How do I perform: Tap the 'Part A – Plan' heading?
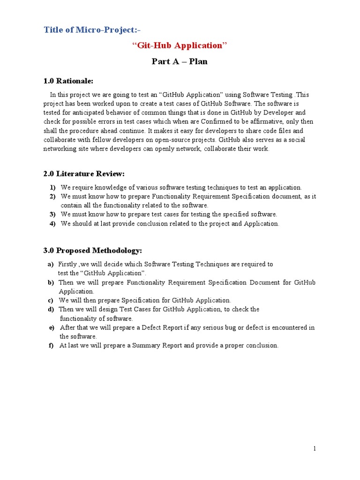click(x=180, y=61)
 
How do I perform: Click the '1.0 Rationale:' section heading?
click(x=68, y=81)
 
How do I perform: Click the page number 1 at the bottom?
click(x=315, y=449)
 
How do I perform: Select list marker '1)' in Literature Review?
click(x=53, y=187)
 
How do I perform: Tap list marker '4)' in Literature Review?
click(x=53, y=224)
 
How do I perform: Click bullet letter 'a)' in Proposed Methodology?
click(x=51, y=264)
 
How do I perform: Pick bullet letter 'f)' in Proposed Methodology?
click(x=51, y=345)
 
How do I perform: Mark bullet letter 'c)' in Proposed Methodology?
click(x=51, y=300)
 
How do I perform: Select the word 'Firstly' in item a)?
click(x=68, y=264)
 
